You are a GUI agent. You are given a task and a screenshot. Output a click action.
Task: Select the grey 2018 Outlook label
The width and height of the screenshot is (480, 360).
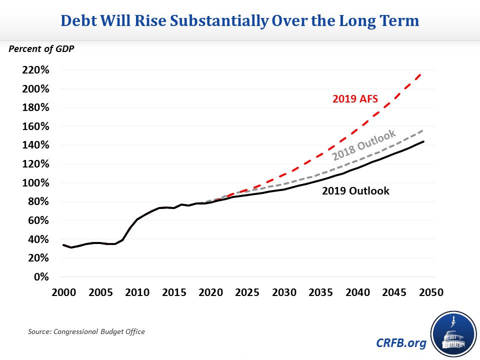(x=363, y=145)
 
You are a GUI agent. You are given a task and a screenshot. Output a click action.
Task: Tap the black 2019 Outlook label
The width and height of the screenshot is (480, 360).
(x=355, y=190)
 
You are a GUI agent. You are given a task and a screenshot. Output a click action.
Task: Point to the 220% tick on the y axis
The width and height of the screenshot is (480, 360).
(x=35, y=70)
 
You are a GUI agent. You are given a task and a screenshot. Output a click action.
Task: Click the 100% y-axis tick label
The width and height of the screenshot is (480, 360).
(x=35, y=183)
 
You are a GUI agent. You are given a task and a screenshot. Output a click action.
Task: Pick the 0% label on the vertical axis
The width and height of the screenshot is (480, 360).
(x=41, y=277)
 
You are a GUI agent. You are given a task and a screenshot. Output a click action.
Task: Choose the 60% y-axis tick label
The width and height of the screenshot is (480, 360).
(x=38, y=220)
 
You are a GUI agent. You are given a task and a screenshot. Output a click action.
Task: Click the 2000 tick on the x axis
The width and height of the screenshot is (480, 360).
(x=63, y=291)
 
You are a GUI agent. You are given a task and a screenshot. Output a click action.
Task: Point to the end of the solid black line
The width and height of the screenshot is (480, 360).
(x=424, y=141)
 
